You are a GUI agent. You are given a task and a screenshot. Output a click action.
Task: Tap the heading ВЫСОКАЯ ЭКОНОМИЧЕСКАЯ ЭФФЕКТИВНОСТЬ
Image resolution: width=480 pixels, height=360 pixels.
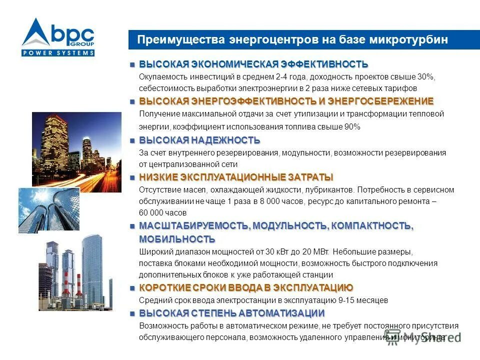coord(253,64)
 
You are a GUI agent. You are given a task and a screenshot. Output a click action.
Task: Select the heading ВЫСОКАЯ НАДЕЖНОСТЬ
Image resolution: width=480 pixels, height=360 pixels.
coord(199,140)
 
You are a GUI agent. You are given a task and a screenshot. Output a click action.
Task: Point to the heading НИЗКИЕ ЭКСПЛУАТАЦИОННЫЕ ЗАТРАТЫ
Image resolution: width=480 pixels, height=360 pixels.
coord(236,177)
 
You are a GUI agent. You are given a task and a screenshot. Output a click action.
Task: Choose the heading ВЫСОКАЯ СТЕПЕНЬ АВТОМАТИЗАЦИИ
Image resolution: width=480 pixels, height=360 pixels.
coord(232,313)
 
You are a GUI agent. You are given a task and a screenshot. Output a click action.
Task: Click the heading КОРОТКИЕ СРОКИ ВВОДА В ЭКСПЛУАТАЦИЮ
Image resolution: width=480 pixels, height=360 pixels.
coord(246,288)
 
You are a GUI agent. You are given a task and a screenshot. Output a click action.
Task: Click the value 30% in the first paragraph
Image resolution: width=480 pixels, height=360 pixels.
coord(426,76)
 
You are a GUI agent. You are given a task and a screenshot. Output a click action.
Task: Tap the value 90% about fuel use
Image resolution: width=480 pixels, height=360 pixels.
coord(351,127)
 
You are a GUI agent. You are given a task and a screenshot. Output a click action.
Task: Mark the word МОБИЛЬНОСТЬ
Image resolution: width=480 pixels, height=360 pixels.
coord(177,239)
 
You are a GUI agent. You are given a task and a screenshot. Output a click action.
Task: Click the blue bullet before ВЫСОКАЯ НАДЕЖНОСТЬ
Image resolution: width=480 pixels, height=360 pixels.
coord(132,140)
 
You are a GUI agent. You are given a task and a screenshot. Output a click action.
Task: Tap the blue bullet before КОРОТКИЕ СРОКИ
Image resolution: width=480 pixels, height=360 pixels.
coord(132,288)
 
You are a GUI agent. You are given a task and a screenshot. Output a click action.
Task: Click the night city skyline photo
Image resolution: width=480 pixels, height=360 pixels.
coord(76,152)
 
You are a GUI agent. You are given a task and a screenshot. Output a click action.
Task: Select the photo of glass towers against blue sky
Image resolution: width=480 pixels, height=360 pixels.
coord(48,209)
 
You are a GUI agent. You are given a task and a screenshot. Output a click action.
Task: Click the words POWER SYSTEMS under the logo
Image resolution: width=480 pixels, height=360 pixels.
coord(58,52)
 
